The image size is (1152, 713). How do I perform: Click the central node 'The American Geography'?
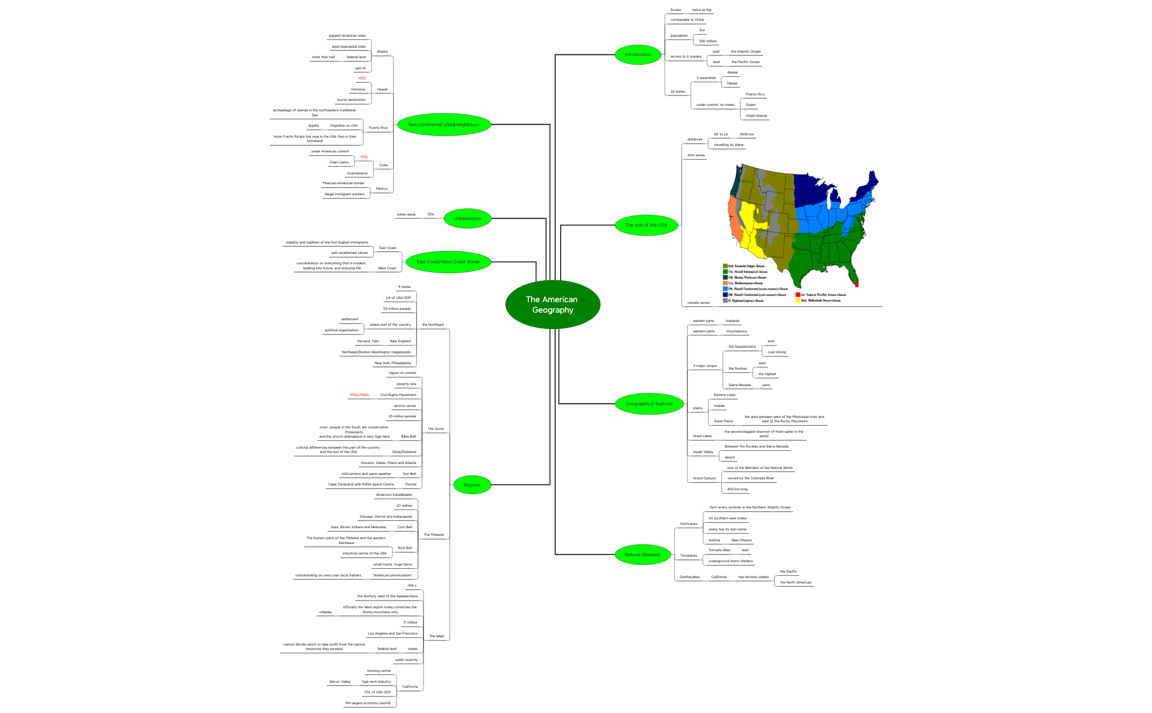tap(552, 304)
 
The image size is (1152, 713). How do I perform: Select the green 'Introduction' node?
tap(637, 54)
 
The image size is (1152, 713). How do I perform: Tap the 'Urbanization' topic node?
tap(467, 218)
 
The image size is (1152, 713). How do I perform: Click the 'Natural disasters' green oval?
tap(642, 554)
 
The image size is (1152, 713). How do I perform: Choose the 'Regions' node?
tap(472, 485)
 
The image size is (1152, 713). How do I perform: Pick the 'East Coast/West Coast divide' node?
tap(448, 262)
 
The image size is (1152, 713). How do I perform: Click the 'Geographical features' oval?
tap(649, 404)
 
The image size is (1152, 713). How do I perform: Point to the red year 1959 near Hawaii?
tap(362, 78)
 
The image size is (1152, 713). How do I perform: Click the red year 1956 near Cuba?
tap(364, 157)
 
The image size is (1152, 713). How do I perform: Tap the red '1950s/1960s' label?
tap(359, 395)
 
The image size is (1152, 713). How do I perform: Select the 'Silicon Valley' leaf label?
tap(340, 682)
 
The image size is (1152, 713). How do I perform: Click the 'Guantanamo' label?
tap(357, 173)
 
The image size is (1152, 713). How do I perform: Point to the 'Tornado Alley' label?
tap(719, 550)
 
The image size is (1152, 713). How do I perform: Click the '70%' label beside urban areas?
tap(431, 214)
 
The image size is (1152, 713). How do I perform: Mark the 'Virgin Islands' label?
tap(756, 116)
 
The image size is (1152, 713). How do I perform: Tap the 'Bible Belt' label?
tap(408, 437)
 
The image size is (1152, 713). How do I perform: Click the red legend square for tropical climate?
tap(798, 295)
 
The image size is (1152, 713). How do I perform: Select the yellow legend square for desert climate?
tap(798, 301)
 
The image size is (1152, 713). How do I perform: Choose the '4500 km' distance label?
tap(746, 134)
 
